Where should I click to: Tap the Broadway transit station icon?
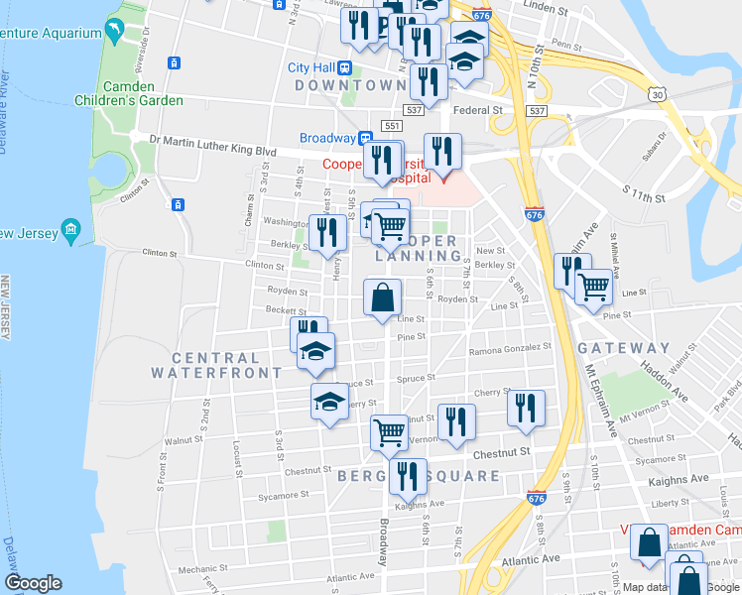point(365,138)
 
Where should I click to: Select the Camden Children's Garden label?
point(129,93)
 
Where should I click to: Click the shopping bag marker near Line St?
point(383,297)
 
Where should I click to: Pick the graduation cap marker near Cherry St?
point(329,401)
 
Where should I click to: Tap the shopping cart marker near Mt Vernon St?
point(389,431)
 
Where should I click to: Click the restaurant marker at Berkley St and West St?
point(328,233)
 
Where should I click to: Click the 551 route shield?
point(392,127)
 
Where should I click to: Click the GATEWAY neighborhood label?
point(625,348)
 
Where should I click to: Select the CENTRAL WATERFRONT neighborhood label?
point(215,365)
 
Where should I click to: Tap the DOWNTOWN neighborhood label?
point(349,85)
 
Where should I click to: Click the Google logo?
point(33,583)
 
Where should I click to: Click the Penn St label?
point(565,45)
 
